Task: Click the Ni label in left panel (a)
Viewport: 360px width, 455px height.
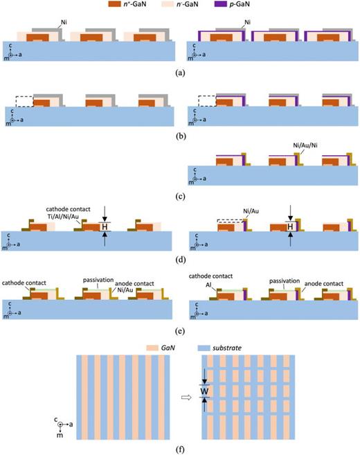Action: pyautogui.click(x=64, y=22)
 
